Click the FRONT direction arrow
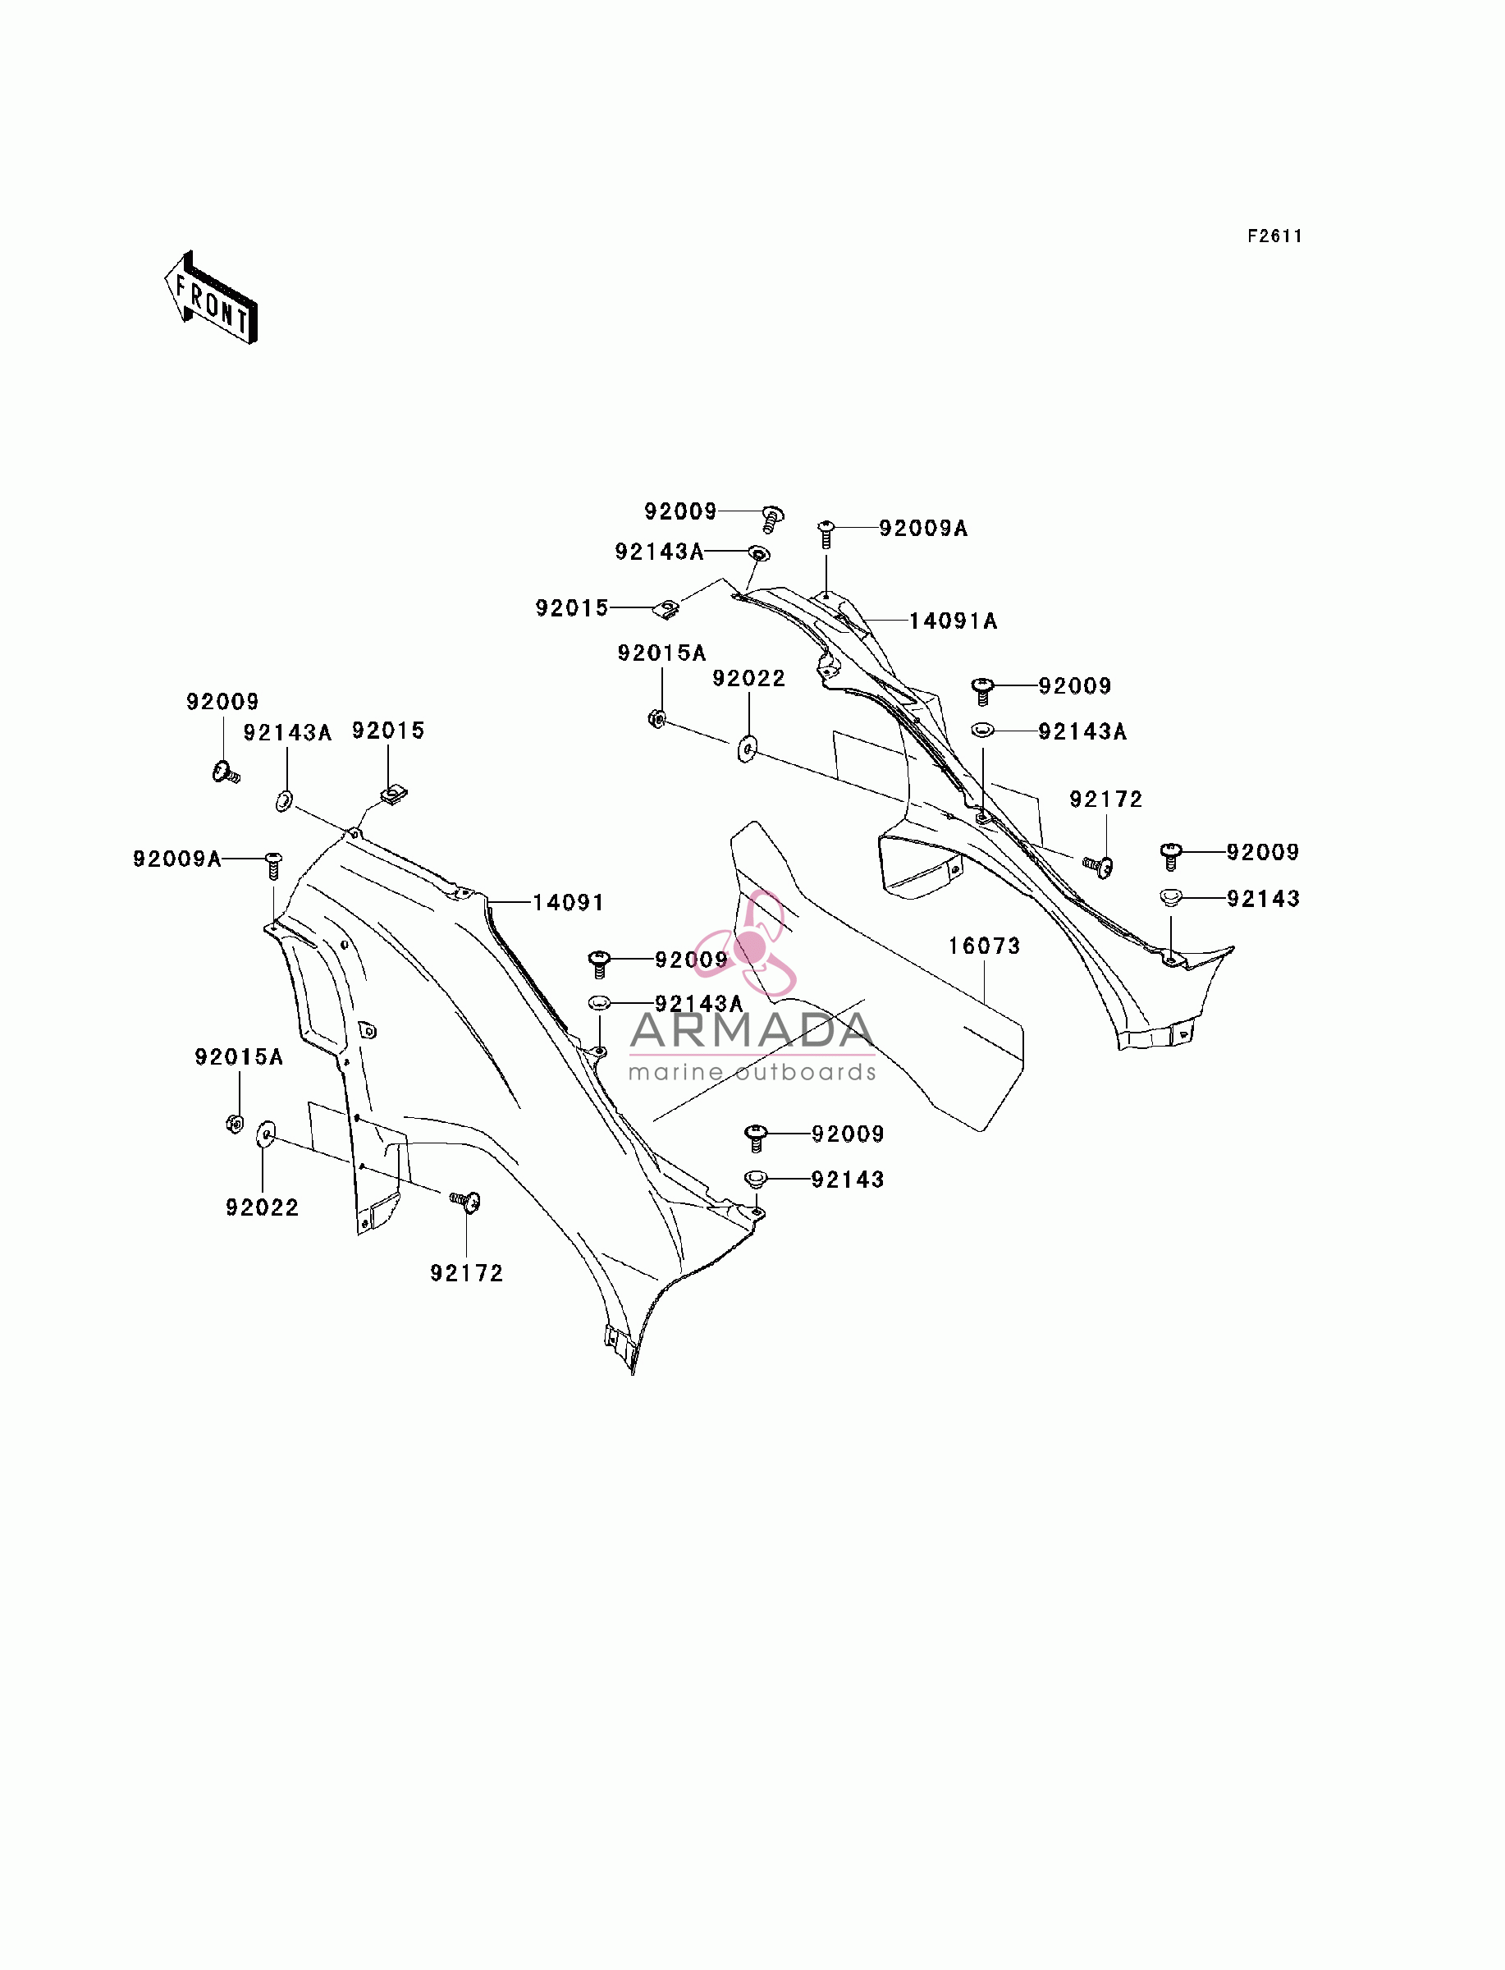click(211, 298)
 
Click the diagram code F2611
click(1274, 236)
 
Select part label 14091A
click(954, 621)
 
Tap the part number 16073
click(985, 946)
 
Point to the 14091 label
click(568, 902)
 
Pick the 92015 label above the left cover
click(388, 731)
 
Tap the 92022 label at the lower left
click(263, 1207)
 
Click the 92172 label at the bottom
click(467, 1273)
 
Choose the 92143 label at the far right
click(1263, 899)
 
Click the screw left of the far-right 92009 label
click(1171, 855)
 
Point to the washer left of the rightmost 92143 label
click(1171, 896)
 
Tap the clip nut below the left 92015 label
click(394, 793)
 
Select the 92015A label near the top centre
click(662, 653)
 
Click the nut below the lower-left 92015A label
click(235, 1124)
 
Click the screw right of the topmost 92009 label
click(772, 518)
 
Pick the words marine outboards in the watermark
click(752, 1072)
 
